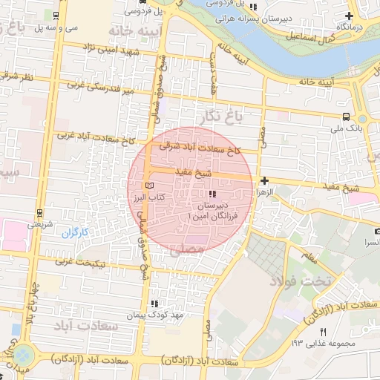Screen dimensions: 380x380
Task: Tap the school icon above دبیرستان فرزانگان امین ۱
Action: [x=203, y=194]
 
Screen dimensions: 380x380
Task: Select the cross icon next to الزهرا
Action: [x=264, y=180]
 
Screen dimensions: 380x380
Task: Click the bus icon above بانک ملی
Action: [x=347, y=117]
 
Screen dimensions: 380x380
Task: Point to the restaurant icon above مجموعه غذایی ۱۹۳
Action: [x=322, y=331]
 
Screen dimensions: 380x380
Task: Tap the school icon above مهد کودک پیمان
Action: [x=154, y=304]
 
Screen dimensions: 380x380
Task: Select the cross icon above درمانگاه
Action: [x=350, y=16]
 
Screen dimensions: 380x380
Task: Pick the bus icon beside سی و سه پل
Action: [x=56, y=15]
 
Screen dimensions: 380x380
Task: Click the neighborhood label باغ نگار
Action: [x=219, y=115]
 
